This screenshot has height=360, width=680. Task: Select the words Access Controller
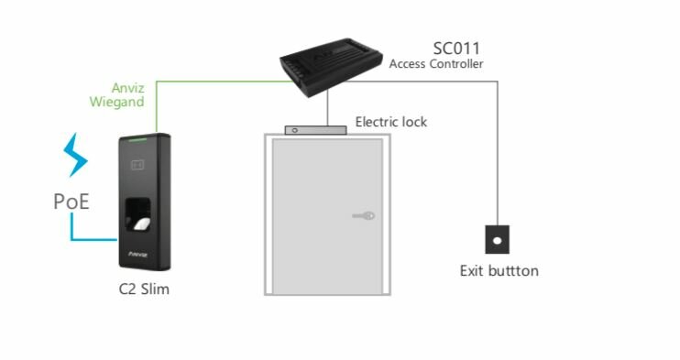(436, 64)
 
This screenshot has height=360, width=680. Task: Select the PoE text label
(71, 201)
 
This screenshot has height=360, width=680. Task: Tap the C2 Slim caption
(144, 290)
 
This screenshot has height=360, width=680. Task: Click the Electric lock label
(391, 122)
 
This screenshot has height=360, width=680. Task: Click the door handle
(364, 216)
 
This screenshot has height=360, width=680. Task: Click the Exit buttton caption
(499, 271)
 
